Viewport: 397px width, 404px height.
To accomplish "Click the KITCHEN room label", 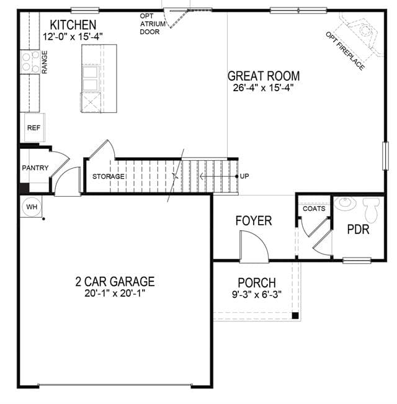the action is coord(73,25).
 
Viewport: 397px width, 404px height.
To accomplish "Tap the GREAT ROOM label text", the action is coord(264,76).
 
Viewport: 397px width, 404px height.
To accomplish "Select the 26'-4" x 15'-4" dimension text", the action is coord(264,88).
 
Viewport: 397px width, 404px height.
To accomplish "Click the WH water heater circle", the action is coord(32,207).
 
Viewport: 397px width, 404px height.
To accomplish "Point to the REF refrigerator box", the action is coord(35,128).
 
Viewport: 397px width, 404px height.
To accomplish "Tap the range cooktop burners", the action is coord(30,62).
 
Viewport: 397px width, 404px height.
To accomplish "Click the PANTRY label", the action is coord(35,168).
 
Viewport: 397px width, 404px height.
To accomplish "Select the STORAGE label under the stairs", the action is coord(109,176).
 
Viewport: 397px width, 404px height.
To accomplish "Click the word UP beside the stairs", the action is coord(244,176).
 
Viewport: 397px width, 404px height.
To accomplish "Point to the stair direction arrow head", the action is coord(202,176).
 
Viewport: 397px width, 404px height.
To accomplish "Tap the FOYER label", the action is coord(254,221).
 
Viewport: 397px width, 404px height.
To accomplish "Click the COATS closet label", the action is coord(314,209).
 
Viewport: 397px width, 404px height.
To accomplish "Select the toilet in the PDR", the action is coord(371,210).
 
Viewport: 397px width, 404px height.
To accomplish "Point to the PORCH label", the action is coord(257,282).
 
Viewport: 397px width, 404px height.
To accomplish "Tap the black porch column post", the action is coord(295,315).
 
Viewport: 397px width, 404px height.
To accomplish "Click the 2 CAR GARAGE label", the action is coord(115,281).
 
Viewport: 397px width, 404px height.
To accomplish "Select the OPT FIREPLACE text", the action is coord(345,51).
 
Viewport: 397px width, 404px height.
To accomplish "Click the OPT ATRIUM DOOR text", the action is coord(153,24).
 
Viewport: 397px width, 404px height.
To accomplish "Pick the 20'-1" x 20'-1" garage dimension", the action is coord(115,293).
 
